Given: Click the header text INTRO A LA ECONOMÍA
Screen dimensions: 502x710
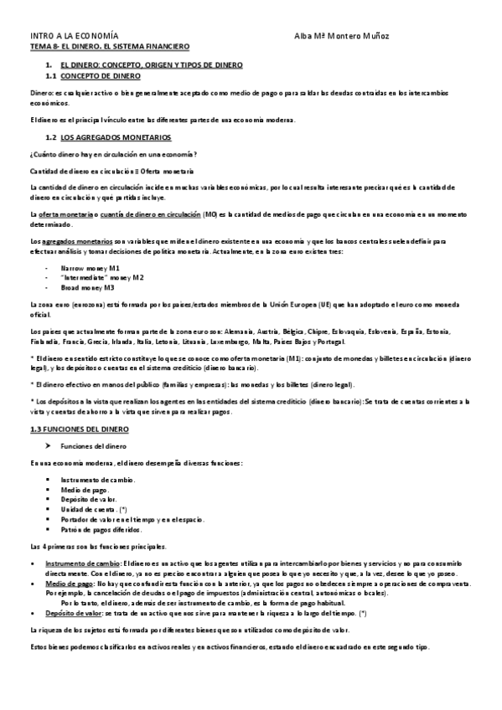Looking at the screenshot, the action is pyautogui.click(x=74, y=37).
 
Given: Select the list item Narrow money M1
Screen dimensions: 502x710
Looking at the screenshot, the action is pyautogui.click(x=91, y=267).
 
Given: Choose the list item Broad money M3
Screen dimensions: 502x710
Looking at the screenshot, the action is pyautogui.click(x=90, y=286).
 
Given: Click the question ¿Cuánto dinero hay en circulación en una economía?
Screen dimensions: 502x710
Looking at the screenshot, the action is pyautogui.click(x=113, y=154).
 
